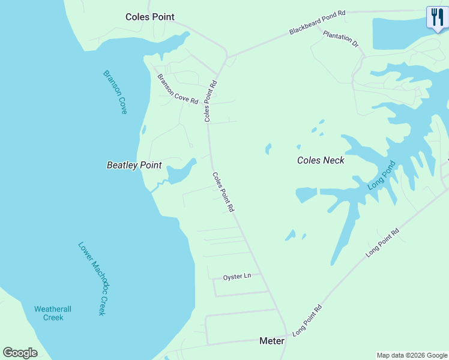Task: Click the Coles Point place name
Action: pyautogui.click(x=149, y=17)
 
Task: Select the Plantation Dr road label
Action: pyautogui.click(x=340, y=40)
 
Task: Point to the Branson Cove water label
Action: pyautogui.click(x=115, y=92)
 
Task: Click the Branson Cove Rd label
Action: pyautogui.click(x=178, y=89)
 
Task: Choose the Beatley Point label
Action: pyautogui.click(x=134, y=164)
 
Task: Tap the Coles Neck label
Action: pyautogui.click(x=321, y=160)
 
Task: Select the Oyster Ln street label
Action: pyautogui.click(x=237, y=277)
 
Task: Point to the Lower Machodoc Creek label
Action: pyautogui.click(x=92, y=279)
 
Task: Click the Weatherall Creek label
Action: pyautogui.click(x=53, y=313)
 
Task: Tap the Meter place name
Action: pyautogui.click(x=271, y=340)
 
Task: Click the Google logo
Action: pyautogui.click(x=20, y=352)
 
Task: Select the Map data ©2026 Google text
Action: pyautogui.click(x=412, y=355)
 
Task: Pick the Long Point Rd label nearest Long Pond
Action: pyautogui.click(x=382, y=244)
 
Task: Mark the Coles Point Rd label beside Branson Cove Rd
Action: pyautogui.click(x=210, y=101)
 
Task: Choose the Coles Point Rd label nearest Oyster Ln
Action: pyautogui.click(x=223, y=192)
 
